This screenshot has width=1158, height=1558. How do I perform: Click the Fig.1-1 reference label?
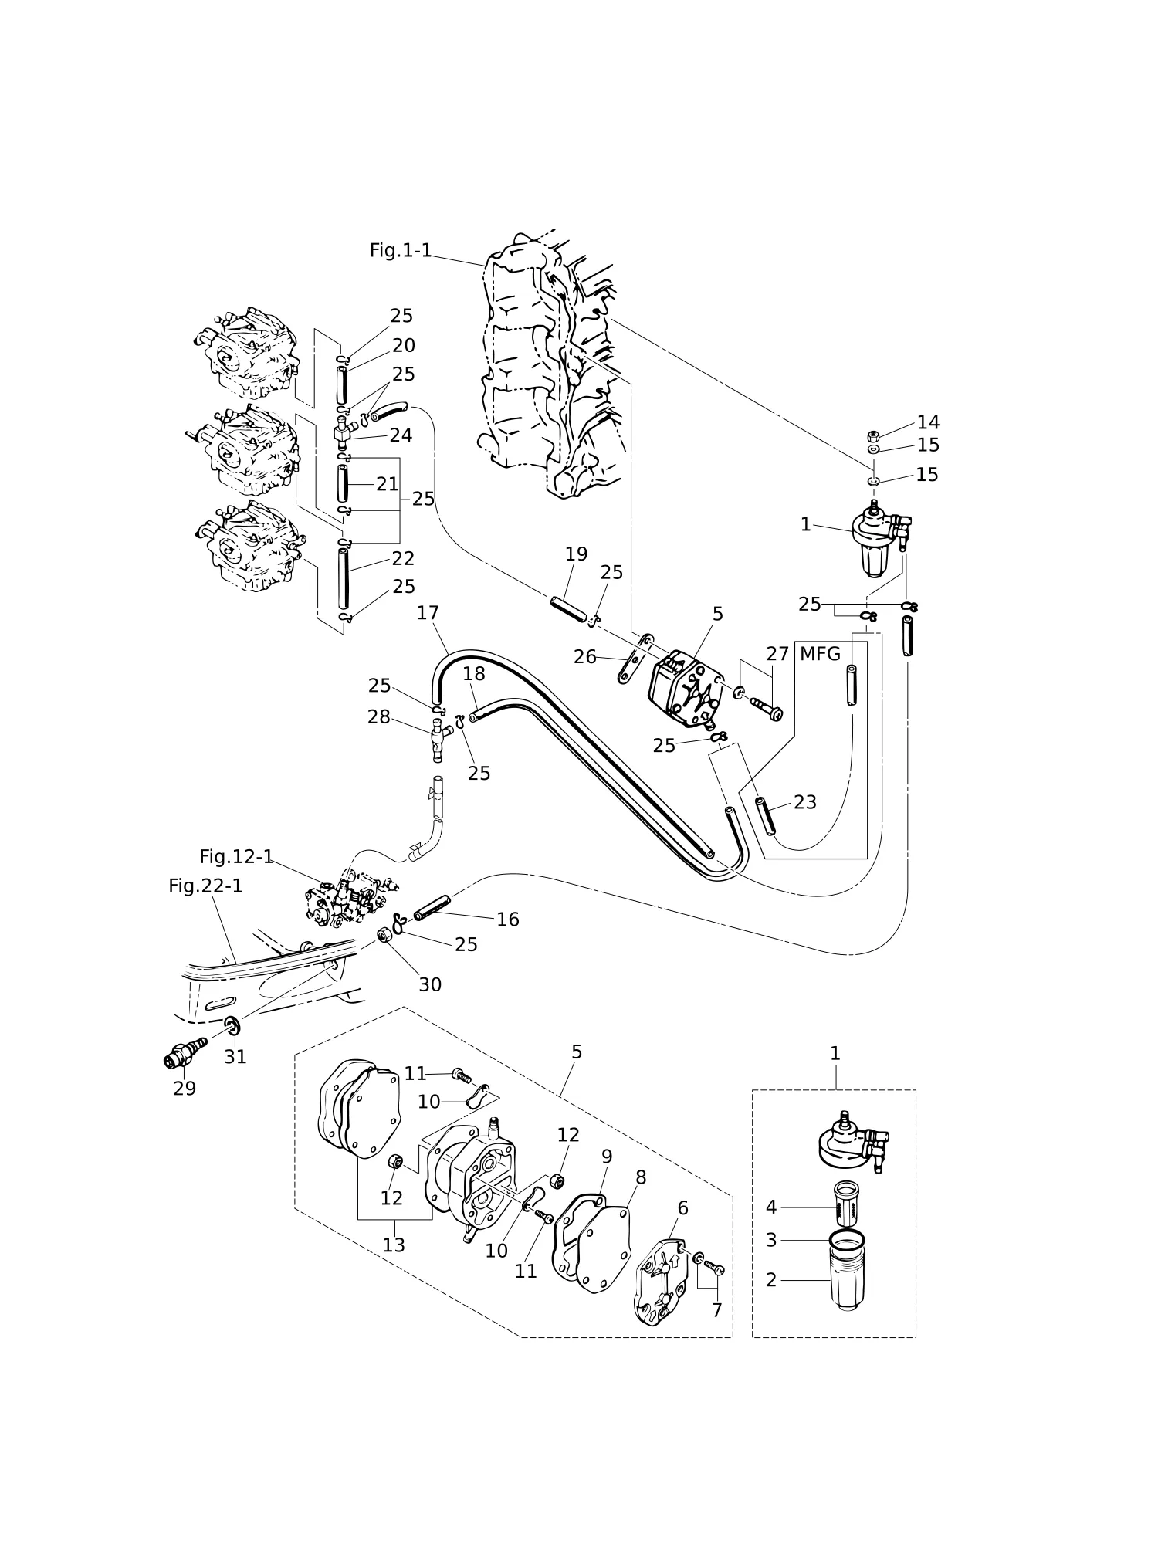point(400,250)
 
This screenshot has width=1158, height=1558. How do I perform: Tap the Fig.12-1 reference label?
point(236,856)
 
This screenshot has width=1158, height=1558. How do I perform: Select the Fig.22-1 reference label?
point(205,886)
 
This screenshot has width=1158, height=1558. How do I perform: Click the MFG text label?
point(820,654)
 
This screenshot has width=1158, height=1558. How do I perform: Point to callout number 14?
point(928,422)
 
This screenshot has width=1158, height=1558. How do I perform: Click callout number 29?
point(185,1089)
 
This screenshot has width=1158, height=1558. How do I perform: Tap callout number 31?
point(235,1057)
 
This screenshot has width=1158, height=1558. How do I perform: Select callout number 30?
point(430,984)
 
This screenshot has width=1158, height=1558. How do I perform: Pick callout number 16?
point(508,919)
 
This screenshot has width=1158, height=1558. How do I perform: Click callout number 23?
point(805,802)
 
